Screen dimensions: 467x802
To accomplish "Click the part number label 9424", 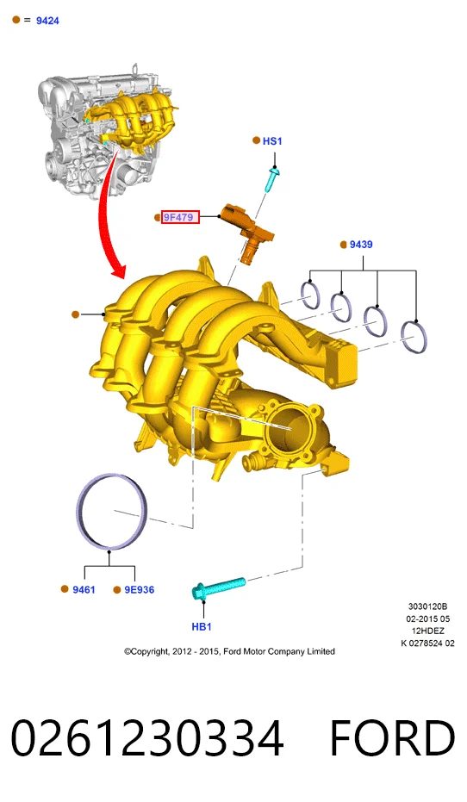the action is coord(47,21).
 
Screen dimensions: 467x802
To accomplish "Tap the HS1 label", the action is coord(272,141).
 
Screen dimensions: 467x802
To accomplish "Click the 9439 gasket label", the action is coord(361,245).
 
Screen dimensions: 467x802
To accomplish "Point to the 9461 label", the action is coord(84,590).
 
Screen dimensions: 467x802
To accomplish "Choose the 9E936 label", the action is coord(139,590).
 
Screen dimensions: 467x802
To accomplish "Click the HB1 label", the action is coord(202,626).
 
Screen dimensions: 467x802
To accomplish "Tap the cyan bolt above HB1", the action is coord(218,588).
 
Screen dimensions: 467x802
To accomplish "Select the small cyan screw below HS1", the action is coord(272,179).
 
